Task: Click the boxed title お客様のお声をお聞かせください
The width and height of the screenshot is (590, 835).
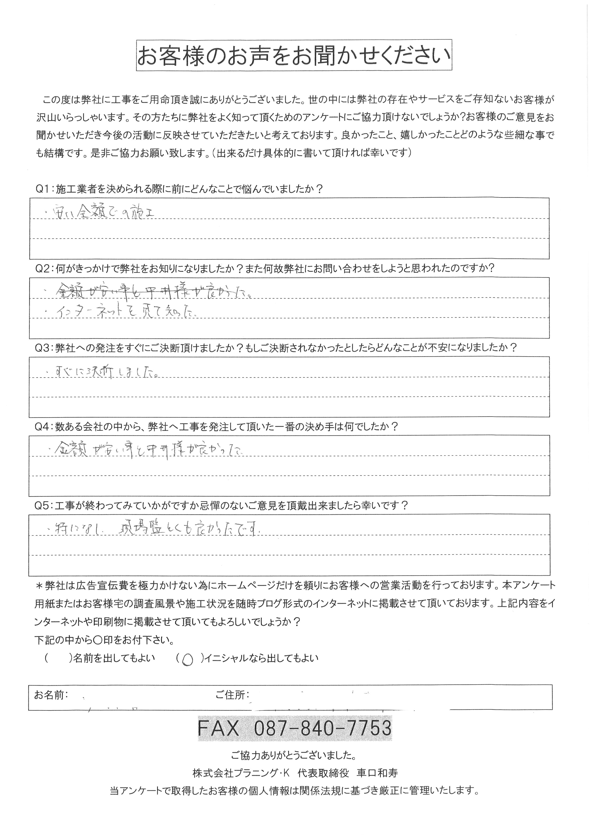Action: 294,56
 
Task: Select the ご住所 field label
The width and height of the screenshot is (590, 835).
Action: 232,695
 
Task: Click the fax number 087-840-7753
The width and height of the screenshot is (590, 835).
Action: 321,728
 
